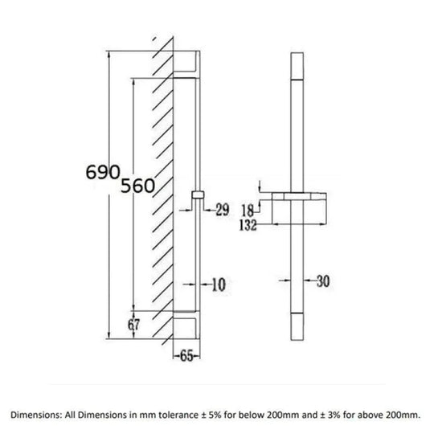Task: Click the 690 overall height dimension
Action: click(x=103, y=172)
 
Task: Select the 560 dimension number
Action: click(x=137, y=186)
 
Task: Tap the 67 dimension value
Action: click(x=133, y=325)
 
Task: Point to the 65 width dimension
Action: click(x=186, y=356)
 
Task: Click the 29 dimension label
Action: click(x=222, y=210)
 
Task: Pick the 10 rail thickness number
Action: click(x=219, y=285)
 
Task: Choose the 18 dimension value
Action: click(x=248, y=211)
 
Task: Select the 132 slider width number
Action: click(x=248, y=225)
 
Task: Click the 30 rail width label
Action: click(x=323, y=281)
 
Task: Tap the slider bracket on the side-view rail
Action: click(x=198, y=195)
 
